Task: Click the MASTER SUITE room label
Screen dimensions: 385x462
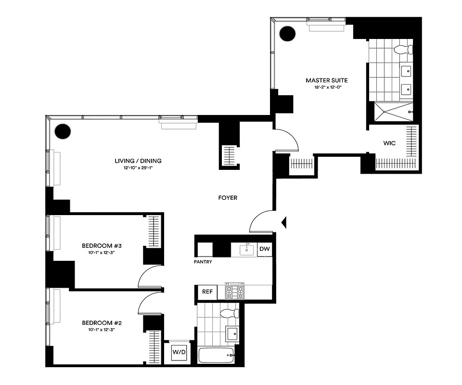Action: pyautogui.click(x=326, y=80)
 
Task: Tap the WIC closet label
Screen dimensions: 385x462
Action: pyautogui.click(x=389, y=143)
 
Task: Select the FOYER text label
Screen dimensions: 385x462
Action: pyautogui.click(x=227, y=198)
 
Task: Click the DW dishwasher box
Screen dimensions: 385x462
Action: pyautogui.click(x=264, y=249)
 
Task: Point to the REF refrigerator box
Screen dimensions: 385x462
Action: pyautogui.click(x=207, y=292)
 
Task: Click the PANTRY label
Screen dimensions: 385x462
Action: pyautogui.click(x=204, y=262)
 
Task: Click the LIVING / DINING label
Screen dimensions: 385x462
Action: pyautogui.click(x=138, y=161)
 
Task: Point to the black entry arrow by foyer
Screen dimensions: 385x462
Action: pyautogui.click(x=284, y=222)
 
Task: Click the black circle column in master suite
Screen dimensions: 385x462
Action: pyautogui.click(x=288, y=33)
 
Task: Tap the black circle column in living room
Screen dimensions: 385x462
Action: pyautogui.click(x=63, y=131)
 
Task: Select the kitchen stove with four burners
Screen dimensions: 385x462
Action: pyautogui.click(x=234, y=291)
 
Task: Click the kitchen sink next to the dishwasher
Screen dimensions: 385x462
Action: pyautogui.click(x=247, y=250)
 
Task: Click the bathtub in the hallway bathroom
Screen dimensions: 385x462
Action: pyautogui.click(x=216, y=356)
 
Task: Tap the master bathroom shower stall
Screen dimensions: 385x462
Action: pyautogui.click(x=391, y=112)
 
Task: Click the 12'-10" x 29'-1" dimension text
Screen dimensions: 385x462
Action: pyautogui.click(x=138, y=168)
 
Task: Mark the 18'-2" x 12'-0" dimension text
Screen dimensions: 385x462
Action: pyautogui.click(x=326, y=88)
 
